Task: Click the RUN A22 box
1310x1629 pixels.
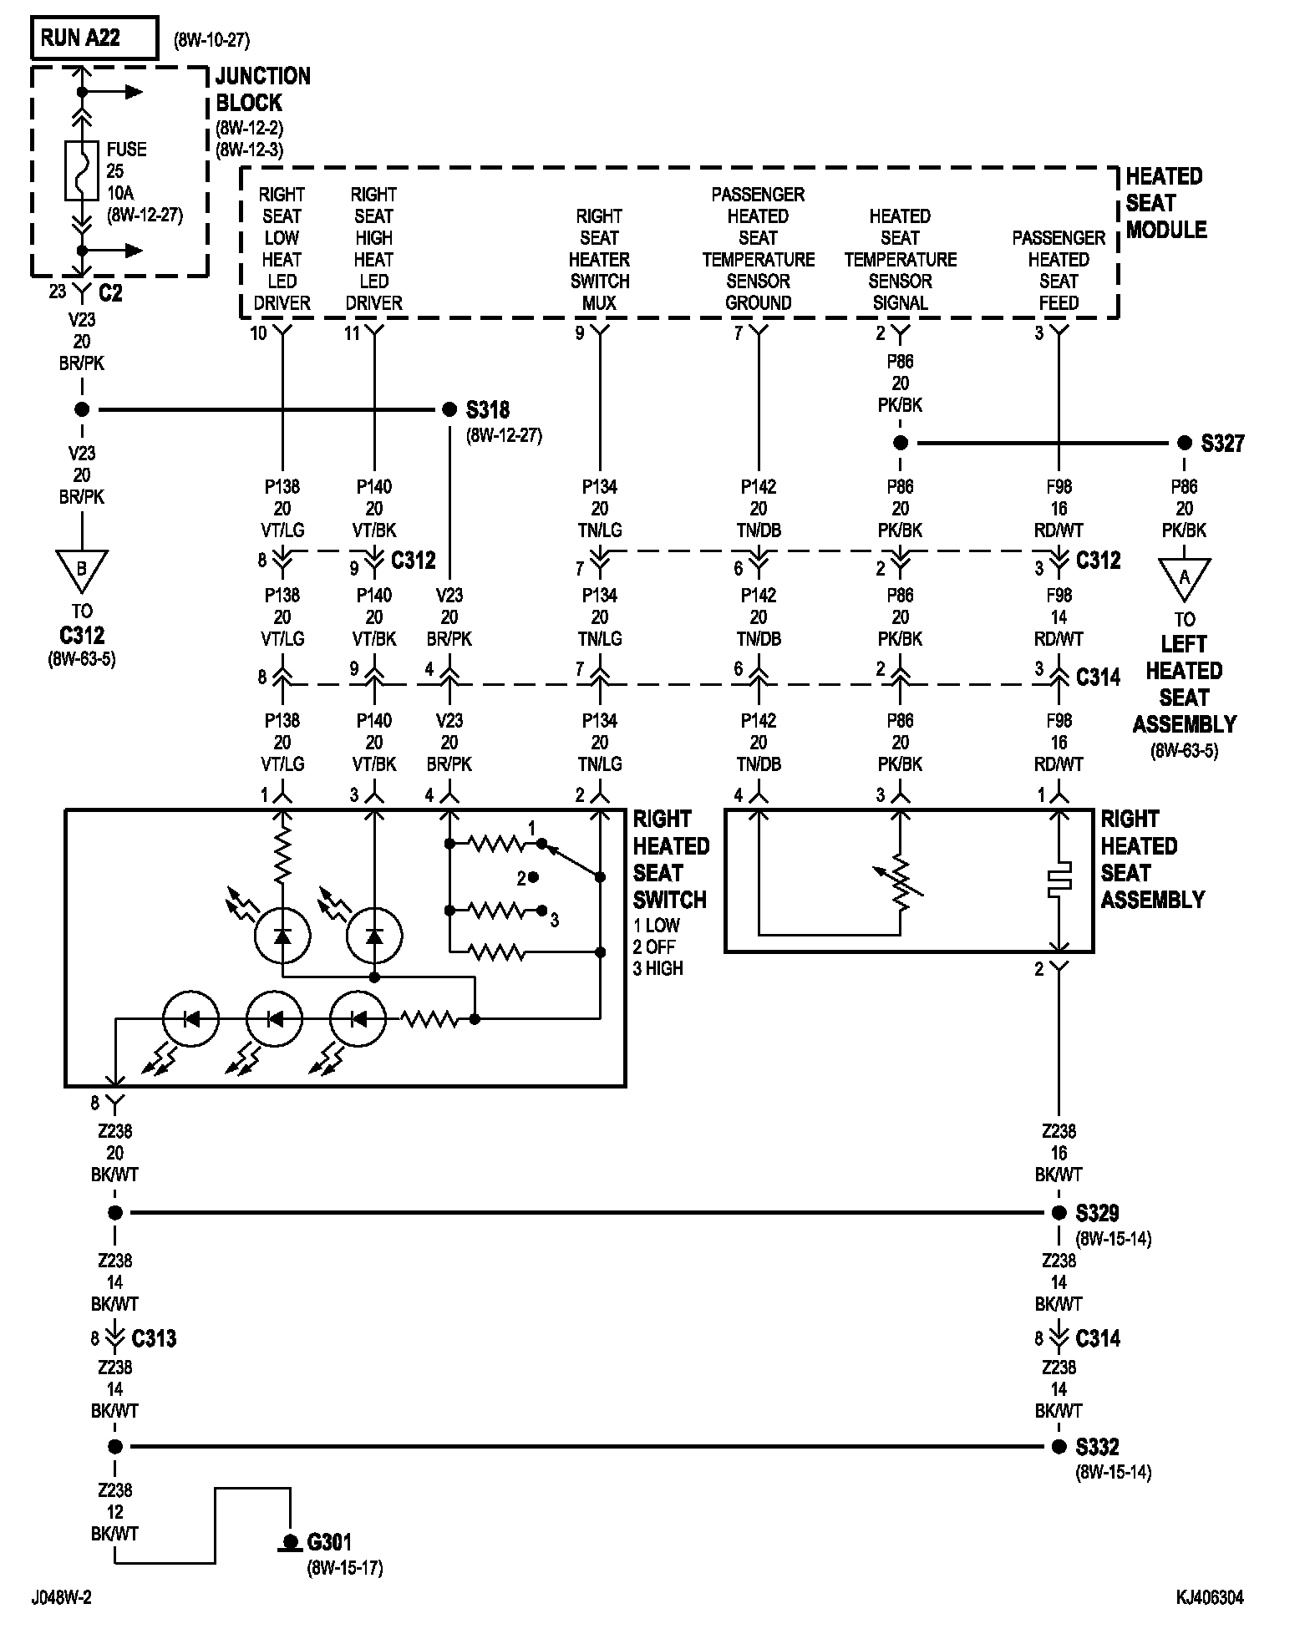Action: (94, 38)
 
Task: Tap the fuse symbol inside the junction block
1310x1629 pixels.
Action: (82, 170)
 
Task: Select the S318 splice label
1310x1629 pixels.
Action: (488, 410)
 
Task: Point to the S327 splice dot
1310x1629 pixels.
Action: (1184, 443)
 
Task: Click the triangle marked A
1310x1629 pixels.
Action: (1184, 578)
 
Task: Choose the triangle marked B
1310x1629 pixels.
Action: (82, 570)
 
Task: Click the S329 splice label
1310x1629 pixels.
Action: (1098, 1212)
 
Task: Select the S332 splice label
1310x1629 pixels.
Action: (1098, 1446)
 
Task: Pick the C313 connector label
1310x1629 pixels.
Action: (155, 1338)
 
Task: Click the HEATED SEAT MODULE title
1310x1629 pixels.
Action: (1166, 203)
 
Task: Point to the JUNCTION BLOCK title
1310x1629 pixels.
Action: (263, 89)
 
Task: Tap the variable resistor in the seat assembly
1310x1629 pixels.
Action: (900, 881)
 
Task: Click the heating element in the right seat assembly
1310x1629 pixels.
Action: (1059, 879)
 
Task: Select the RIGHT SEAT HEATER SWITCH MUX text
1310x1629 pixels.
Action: (600, 260)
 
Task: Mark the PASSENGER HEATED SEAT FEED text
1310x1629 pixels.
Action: (1059, 271)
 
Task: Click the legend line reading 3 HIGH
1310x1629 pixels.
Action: (658, 968)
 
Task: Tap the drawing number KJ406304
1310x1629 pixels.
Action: (1210, 1597)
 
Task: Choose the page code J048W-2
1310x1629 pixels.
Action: (62, 1597)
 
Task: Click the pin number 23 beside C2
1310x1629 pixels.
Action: (57, 292)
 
